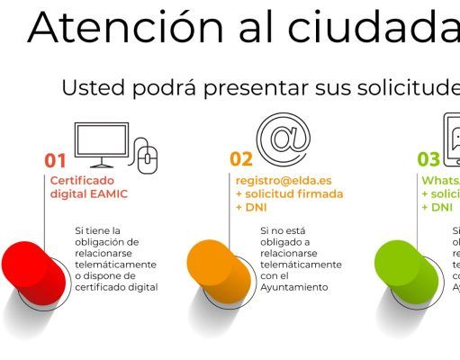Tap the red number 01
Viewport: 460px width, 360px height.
pyautogui.click(x=56, y=160)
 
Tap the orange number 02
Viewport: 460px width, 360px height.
pyautogui.click(x=240, y=160)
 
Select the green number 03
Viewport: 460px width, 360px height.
pyautogui.click(x=428, y=160)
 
